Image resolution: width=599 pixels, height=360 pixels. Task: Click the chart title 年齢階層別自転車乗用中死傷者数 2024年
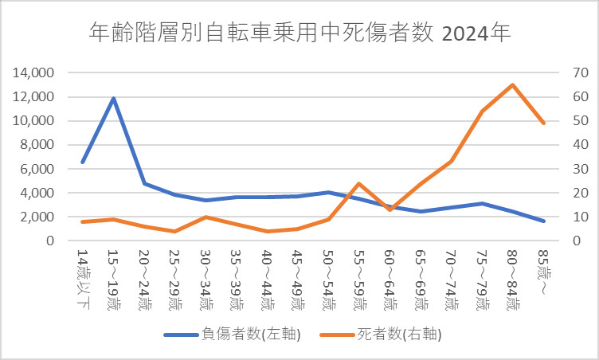[x=299, y=33]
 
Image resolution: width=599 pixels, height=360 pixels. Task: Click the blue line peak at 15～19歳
[x=114, y=99]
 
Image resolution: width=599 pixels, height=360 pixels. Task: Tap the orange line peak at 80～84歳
[x=512, y=84]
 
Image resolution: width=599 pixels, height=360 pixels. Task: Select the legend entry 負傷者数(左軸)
[x=232, y=334]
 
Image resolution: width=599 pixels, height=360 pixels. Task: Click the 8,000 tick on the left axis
[x=37, y=145]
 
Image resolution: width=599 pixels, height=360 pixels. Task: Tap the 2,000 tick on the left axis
[x=37, y=217]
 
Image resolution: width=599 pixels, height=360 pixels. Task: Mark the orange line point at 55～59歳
[x=358, y=183]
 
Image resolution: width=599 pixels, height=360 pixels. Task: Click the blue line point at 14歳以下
[x=83, y=162]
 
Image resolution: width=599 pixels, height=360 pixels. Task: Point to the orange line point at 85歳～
[x=542, y=123]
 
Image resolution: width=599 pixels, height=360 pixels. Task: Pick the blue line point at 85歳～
[x=542, y=221]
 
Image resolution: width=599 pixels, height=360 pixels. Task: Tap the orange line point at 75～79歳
[x=481, y=111]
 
